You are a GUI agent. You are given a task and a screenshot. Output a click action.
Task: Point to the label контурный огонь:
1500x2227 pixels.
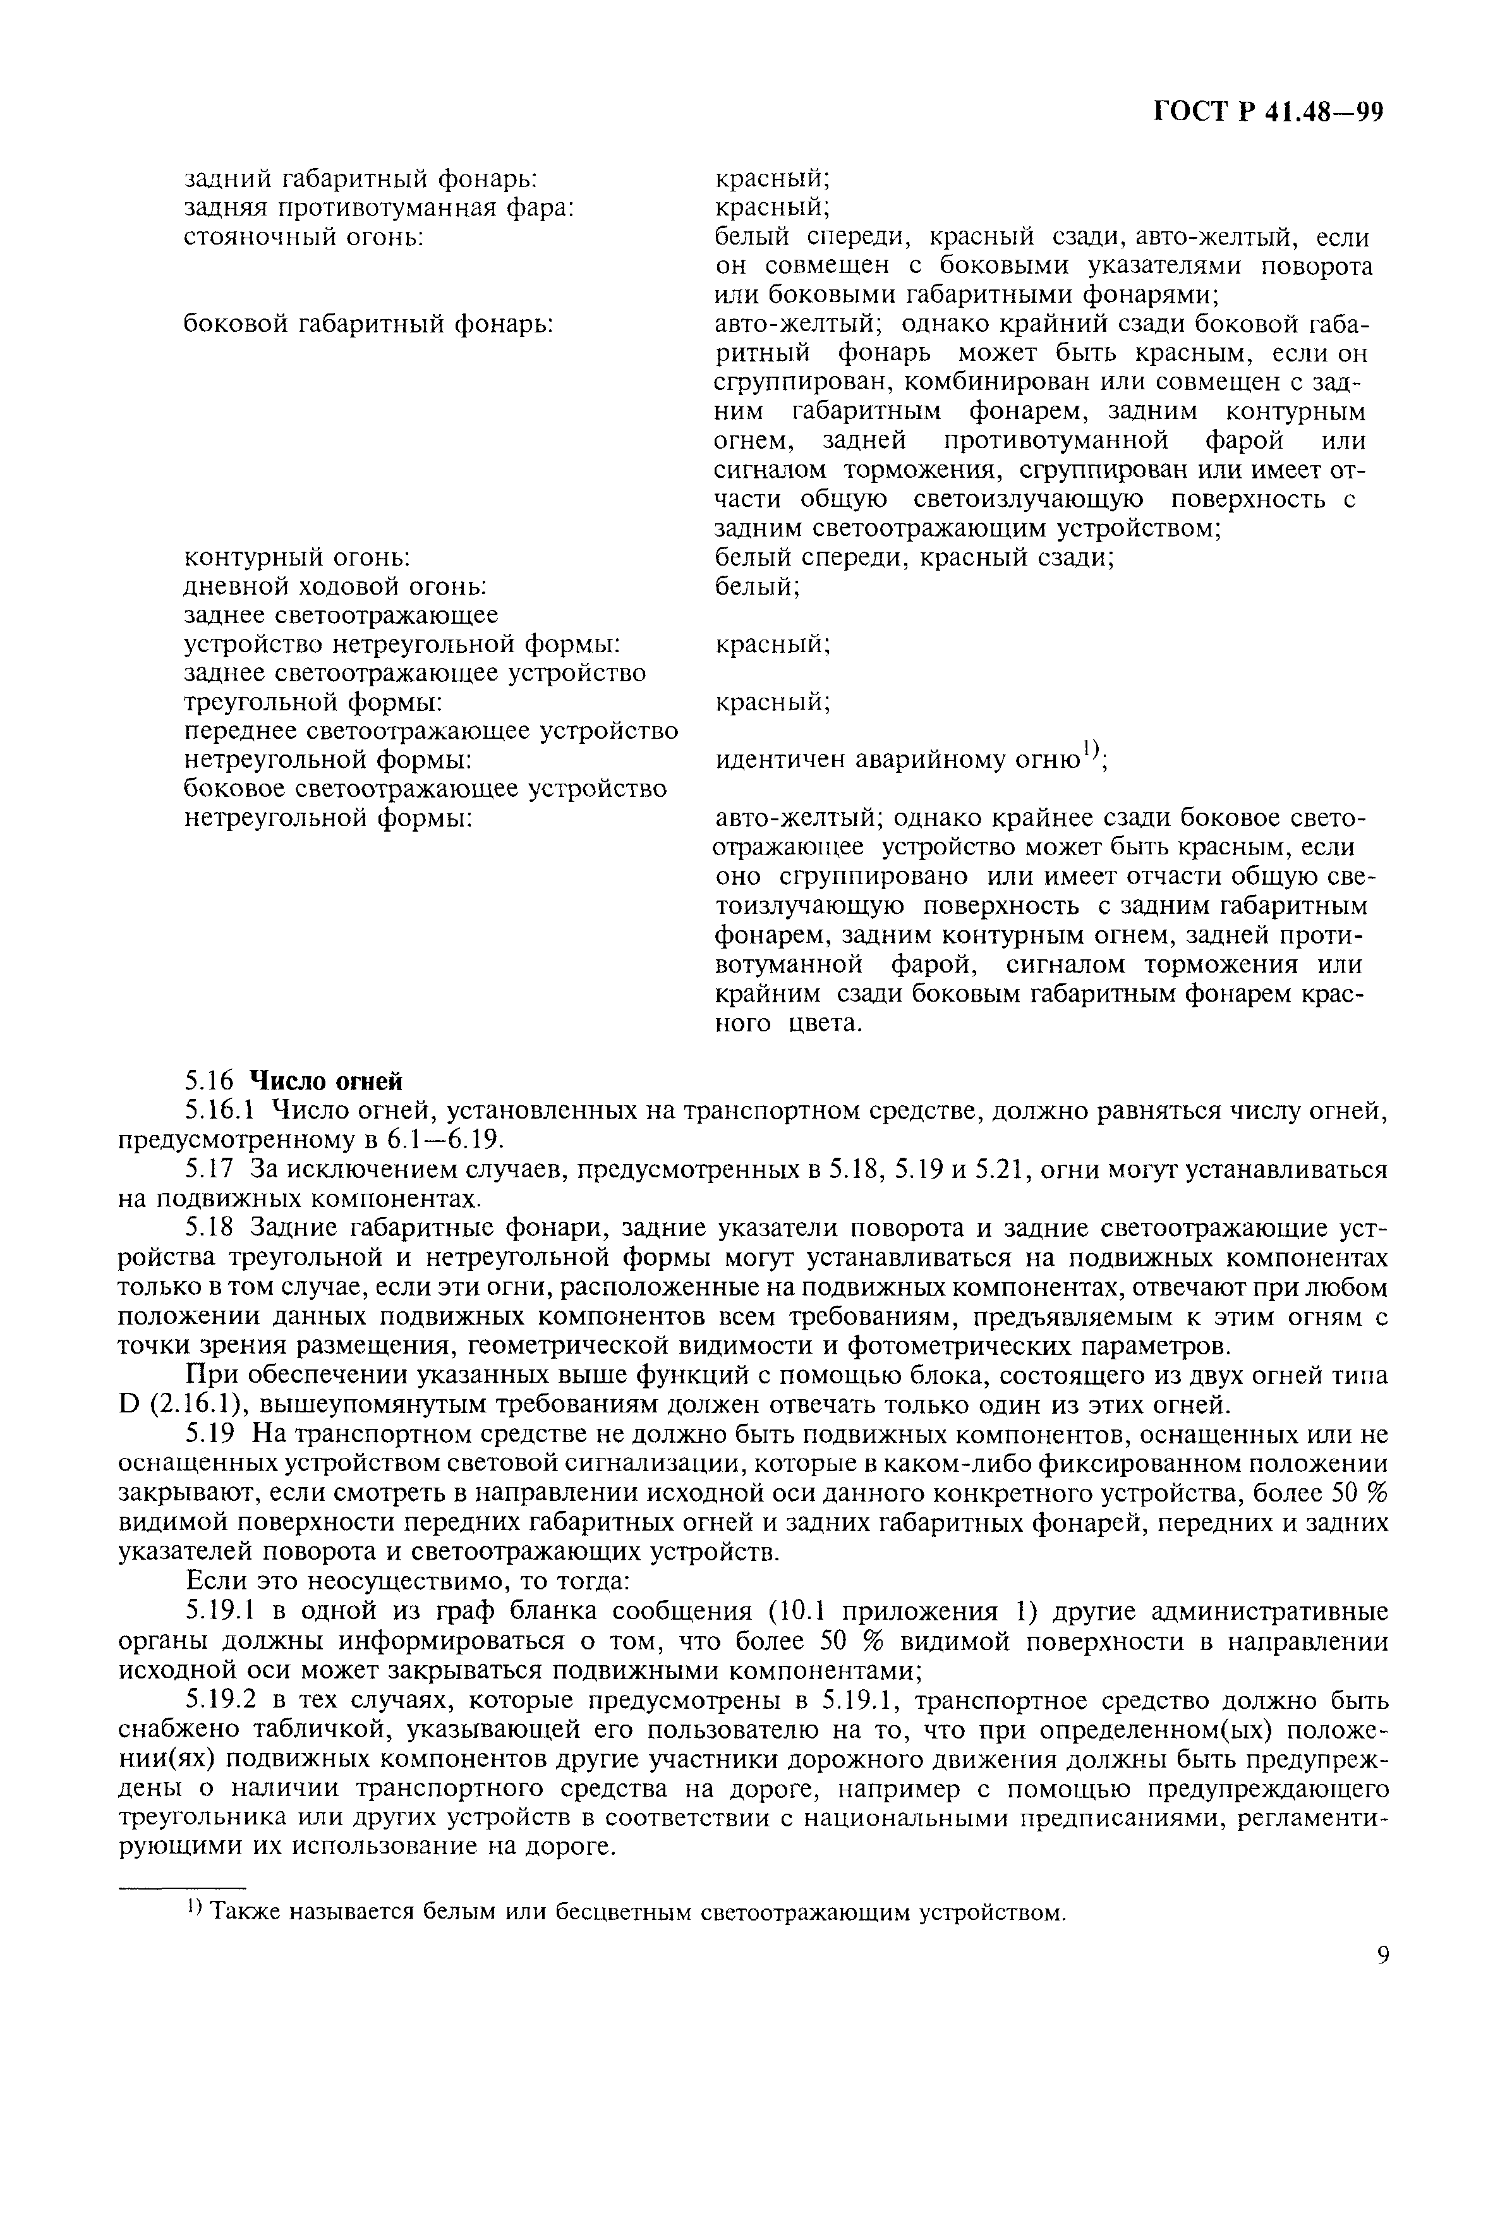pyautogui.click(x=296, y=558)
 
